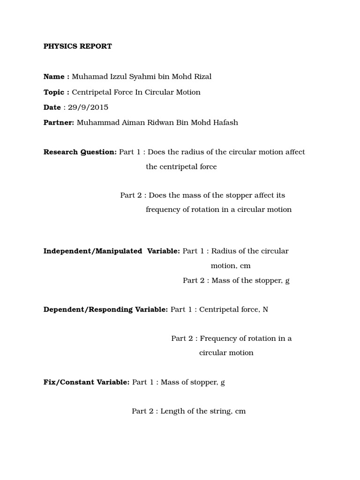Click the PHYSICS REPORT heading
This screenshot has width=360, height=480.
[77, 46]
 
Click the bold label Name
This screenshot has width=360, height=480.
[54, 77]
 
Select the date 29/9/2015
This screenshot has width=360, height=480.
[88, 107]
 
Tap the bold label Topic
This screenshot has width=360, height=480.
[54, 92]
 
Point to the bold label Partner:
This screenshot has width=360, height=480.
[59, 123]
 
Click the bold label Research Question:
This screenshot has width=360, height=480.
[80, 152]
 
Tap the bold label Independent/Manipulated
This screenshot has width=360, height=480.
[93, 251]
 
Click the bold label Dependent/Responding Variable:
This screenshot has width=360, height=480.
[105, 310]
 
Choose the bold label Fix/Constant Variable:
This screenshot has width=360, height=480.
[86, 382]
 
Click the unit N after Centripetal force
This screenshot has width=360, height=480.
[265, 310]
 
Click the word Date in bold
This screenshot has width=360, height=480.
[52, 107]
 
